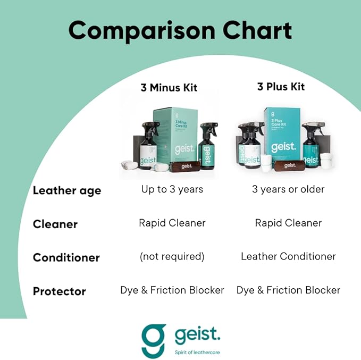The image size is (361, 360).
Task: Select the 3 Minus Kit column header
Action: coord(169,87)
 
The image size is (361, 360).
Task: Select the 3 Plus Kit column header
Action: coord(281,86)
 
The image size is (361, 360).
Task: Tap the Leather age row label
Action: coord(66,190)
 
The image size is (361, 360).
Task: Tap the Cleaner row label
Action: coord(55,224)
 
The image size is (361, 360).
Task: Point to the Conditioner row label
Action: coord(66,257)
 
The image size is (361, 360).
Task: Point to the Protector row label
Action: coord(59,291)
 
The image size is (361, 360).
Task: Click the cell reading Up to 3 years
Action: coord(172,189)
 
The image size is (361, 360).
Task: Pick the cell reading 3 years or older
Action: coord(288,189)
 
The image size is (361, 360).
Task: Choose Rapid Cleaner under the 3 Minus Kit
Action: coord(172,223)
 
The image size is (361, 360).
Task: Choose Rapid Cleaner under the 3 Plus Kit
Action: coord(288,223)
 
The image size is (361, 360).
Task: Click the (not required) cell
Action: coord(172,256)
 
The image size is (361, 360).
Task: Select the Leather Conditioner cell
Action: coord(288,256)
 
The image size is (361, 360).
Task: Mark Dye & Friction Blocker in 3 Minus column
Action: coord(172,290)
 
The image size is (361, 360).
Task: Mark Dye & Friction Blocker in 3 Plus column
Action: coord(288,290)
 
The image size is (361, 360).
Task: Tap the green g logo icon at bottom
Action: coord(154,340)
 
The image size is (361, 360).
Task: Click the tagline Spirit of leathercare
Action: coord(197,351)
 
